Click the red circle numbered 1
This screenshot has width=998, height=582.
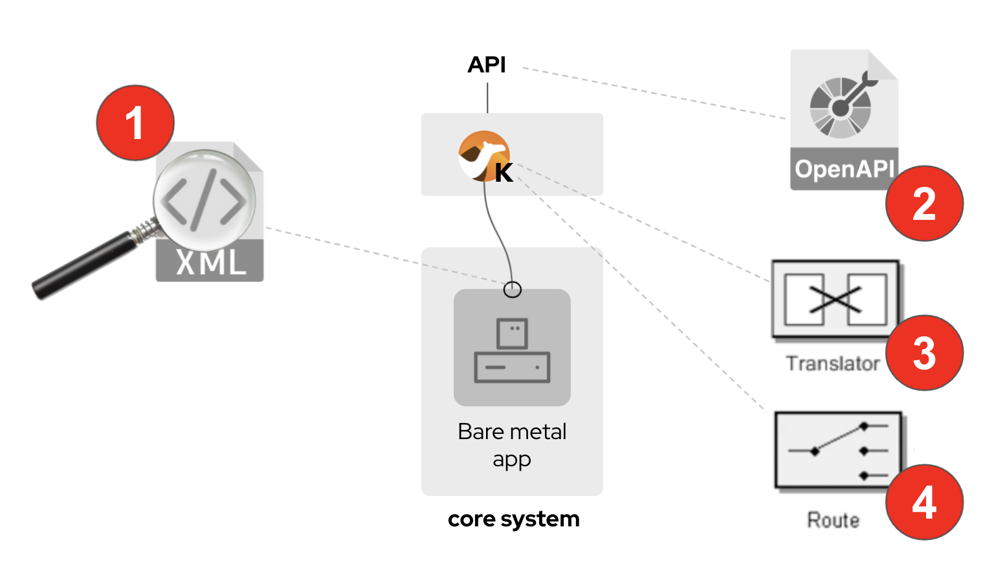click(x=135, y=123)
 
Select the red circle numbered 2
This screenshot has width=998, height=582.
click(x=924, y=204)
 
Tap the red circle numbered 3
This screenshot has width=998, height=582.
click(x=924, y=353)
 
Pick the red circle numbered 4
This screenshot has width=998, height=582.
click(x=924, y=502)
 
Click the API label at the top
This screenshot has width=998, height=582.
click(x=487, y=65)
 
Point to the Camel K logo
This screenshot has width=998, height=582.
click(x=484, y=156)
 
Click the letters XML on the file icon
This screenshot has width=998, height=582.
click(x=210, y=263)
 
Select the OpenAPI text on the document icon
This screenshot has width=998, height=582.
click(x=844, y=169)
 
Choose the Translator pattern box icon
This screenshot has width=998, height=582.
click(x=835, y=299)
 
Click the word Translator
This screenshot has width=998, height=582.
click(x=833, y=363)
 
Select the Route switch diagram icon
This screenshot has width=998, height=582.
click(x=838, y=450)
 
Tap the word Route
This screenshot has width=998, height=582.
click(x=834, y=520)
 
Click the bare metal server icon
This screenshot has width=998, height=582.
click(x=512, y=349)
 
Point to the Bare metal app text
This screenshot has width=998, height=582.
click(x=512, y=445)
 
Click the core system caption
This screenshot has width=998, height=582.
click(x=513, y=519)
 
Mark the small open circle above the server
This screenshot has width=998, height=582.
click(x=513, y=290)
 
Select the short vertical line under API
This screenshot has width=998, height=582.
click(x=487, y=98)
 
